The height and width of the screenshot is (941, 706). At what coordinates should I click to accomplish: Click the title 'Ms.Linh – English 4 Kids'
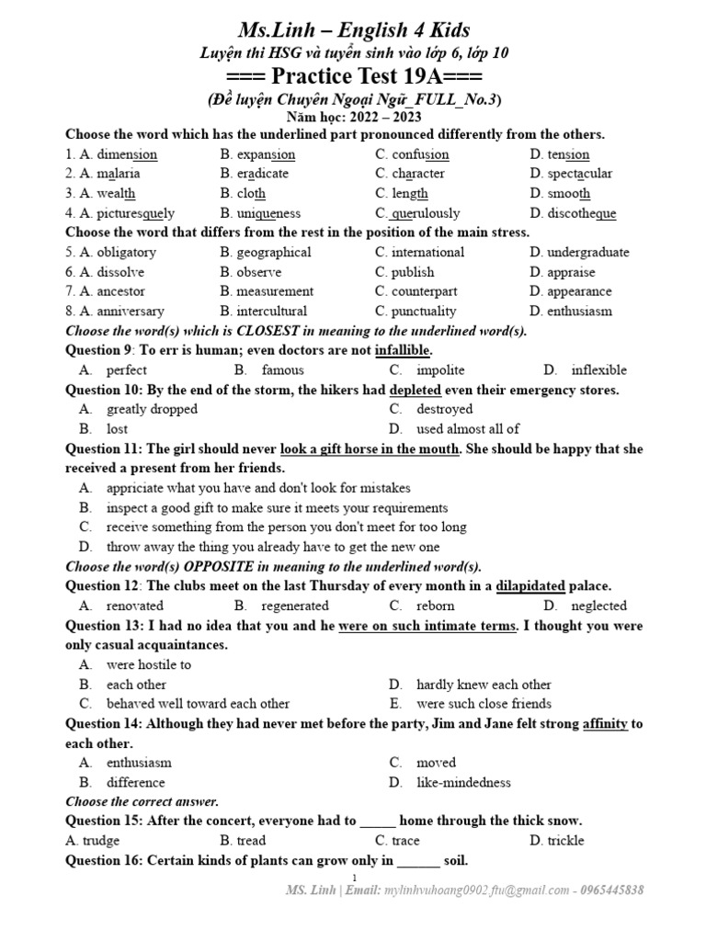[354, 29]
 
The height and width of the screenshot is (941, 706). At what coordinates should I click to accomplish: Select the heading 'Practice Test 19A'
[354, 75]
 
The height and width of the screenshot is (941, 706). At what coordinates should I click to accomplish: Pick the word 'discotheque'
[581, 213]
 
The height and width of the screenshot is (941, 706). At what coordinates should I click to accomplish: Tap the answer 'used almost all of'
[468, 429]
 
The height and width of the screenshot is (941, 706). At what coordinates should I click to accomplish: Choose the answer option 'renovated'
[135, 607]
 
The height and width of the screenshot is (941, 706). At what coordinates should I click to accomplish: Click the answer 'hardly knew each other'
[484, 685]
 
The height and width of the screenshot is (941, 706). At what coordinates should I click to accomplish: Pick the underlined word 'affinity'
[605, 724]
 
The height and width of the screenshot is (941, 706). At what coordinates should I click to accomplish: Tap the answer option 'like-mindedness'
[463, 783]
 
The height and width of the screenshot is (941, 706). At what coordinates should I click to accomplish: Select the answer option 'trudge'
[101, 841]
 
